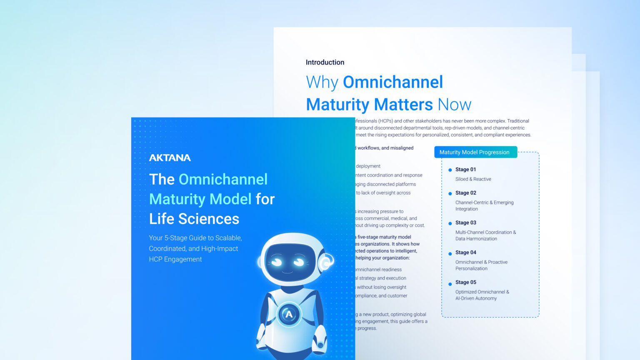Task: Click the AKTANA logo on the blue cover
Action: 170,157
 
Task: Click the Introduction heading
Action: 325,62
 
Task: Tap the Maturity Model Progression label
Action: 474,152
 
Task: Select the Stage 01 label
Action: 465,170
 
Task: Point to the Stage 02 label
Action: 465,193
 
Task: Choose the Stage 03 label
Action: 465,223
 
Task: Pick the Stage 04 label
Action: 465,252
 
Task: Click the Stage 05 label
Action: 465,282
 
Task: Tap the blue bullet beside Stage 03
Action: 450,223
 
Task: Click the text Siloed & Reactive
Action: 473,179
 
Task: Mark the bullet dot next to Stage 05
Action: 450,284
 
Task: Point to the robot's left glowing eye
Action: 276,262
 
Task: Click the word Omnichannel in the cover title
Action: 223,180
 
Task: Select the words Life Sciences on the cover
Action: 194,219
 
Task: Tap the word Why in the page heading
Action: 322,82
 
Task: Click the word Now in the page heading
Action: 454,105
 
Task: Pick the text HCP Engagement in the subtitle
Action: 175,259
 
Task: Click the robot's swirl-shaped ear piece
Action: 325,262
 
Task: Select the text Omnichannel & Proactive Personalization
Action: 481,265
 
